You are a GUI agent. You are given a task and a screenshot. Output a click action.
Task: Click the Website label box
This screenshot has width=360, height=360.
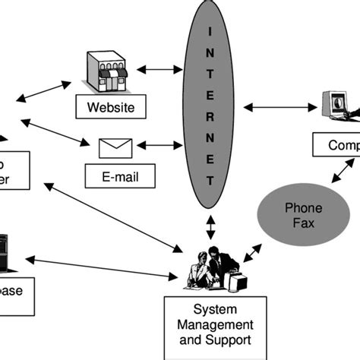(111, 107)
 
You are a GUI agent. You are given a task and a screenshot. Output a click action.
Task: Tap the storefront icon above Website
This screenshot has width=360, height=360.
(110, 71)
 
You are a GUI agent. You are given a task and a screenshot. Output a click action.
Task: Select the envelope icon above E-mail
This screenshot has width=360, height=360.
(115, 147)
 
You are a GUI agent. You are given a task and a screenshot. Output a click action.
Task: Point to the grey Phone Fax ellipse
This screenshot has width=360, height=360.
(303, 216)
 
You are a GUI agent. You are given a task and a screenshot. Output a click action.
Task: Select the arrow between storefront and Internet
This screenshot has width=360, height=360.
(159, 70)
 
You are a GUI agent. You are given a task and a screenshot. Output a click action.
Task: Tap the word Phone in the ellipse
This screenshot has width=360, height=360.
(303, 208)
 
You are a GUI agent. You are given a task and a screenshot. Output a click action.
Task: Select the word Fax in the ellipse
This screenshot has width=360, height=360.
(303, 225)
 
